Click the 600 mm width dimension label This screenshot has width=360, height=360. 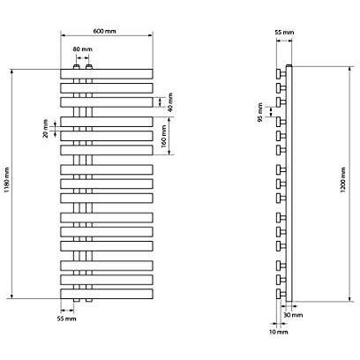click(x=104, y=31)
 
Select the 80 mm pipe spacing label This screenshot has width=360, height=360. click(x=82, y=49)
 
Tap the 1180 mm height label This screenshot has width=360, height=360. click(x=7, y=180)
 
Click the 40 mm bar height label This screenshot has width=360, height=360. click(x=169, y=102)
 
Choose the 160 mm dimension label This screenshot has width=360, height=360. click(x=164, y=136)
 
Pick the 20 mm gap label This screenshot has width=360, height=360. click(x=45, y=129)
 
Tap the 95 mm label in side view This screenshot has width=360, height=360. click(x=260, y=112)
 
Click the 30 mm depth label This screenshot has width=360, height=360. click(x=293, y=315)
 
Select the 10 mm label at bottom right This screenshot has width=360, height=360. click(x=278, y=332)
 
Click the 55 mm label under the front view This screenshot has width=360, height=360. click(x=66, y=319)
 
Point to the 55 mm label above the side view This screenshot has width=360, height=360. click(x=284, y=33)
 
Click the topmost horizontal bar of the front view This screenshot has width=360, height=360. click(x=107, y=74)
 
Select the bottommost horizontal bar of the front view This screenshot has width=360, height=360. click(x=107, y=294)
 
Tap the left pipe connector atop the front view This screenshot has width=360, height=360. click(x=77, y=66)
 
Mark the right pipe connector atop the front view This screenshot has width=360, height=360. click(x=89, y=66)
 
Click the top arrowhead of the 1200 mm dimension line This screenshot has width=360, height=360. click(x=349, y=69)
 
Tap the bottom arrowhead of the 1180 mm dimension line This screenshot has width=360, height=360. click(x=12, y=296)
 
